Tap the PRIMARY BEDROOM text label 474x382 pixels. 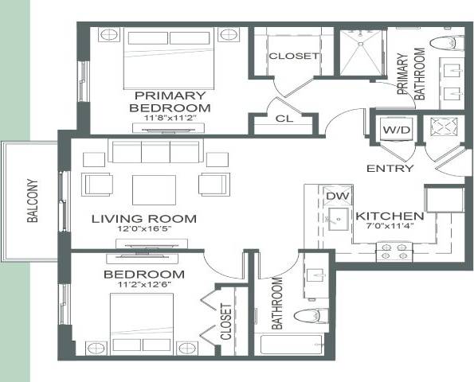pos(170,101)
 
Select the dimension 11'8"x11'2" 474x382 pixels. pos(170,119)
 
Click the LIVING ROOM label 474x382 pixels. pos(143,219)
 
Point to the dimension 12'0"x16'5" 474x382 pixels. pos(143,231)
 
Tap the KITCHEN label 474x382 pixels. pos(388,216)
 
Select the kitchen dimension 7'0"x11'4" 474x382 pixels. pos(389,228)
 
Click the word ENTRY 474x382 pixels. pos(390,169)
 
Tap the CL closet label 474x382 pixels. pos(284,119)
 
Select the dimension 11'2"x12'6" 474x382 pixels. pos(144,286)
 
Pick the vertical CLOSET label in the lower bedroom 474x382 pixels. pos(225,322)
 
